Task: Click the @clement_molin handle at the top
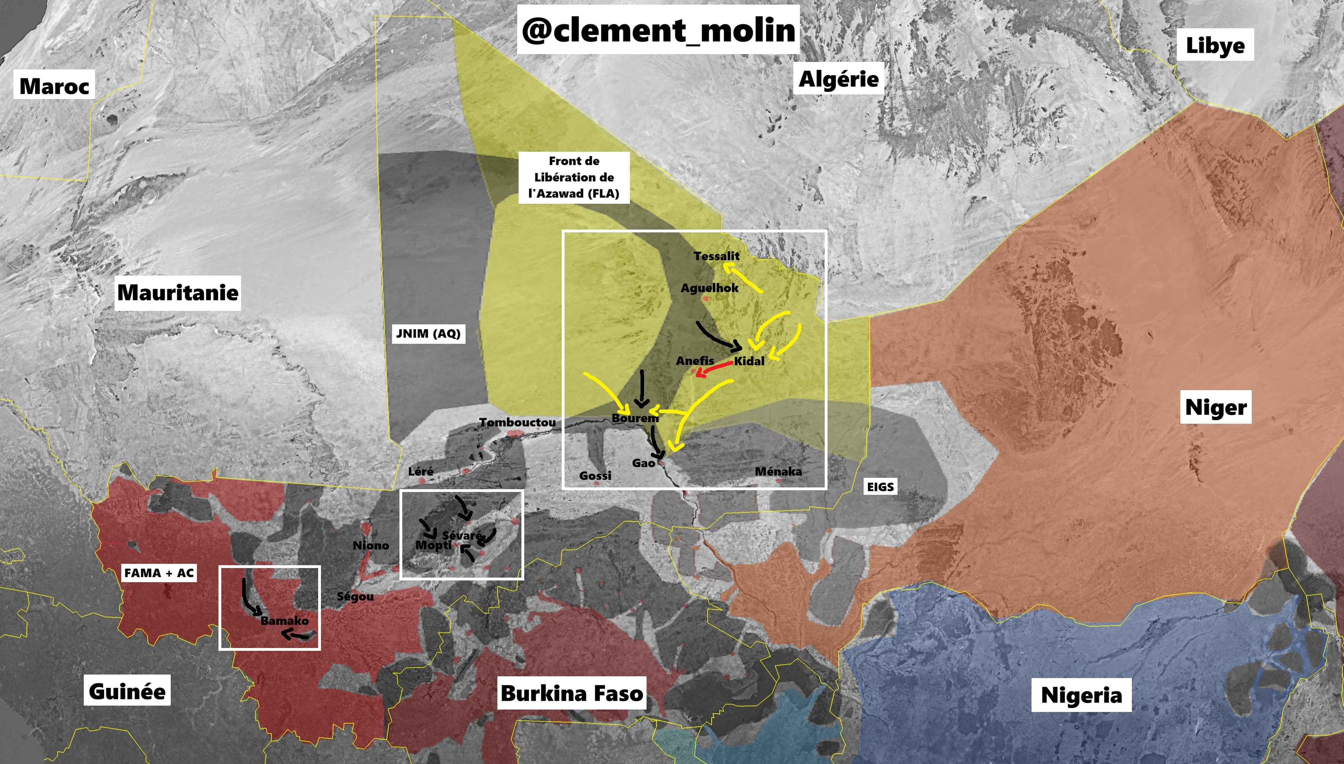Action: pos(658,30)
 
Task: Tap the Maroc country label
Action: pos(54,86)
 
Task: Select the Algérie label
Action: pos(838,79)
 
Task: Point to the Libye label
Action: pos(1215,45)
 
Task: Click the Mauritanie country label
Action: pos(178,292)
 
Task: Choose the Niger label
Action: pos(1216,407)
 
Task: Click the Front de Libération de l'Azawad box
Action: pos(574,177)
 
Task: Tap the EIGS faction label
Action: pos(880,486)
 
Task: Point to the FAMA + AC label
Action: pos(159,573)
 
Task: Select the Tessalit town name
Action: pos(716,256)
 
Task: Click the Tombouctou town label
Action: pos(517,422)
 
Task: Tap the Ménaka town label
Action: pos(778,471)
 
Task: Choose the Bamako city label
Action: pos(284,621)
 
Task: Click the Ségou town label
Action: pos(355,597)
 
